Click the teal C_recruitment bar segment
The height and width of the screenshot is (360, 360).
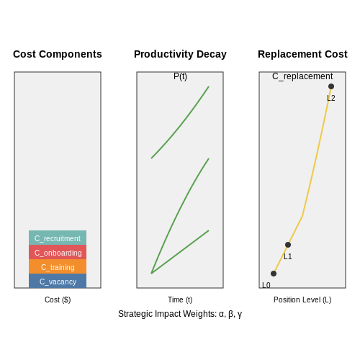pyautogui.click(x=58, y=238)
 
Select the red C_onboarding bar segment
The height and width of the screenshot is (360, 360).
pyautogui.click(x=58, y=252)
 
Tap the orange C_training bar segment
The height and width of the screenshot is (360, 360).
pyautogui.click(x=58, y=266)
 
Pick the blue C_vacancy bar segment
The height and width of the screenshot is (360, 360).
pyautogui.click(x=58, y=281)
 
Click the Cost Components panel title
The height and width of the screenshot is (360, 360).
pyautogui.click(x=58, y=54)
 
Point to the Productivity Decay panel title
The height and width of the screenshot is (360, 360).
pyautogui.click(x=180, y=55)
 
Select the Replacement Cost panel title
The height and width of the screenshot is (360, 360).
pyautogui.click(x=302, y=54)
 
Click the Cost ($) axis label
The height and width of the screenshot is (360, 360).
pyautogui.click(x=58, y=300)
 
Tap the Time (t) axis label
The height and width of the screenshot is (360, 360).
pyautogui.click(x=180, y=300)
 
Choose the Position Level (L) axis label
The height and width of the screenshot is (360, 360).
pyautogui.click(x=302, y=300)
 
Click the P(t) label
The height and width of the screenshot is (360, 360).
pyautogui.click(x=180, y=76)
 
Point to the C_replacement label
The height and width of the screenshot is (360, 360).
pyautogui.click(x=302, y=76)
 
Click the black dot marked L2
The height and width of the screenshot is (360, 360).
pyautogui.click(x=331, y=86)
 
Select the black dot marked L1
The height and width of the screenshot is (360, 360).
pyautogui.click(x=288, y=245)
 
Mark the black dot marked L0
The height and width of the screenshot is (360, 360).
pyautogui.click(x=274, y=274)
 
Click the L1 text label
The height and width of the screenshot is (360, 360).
pyautogui.click(x=288, y=256)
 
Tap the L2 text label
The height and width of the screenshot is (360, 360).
pyautogui.click(x=331, y=98)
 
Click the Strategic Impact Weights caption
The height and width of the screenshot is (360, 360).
pyautogui.click(x=180, y=314)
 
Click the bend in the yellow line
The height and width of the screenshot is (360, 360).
pyautogui.click(x=302, y=216)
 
